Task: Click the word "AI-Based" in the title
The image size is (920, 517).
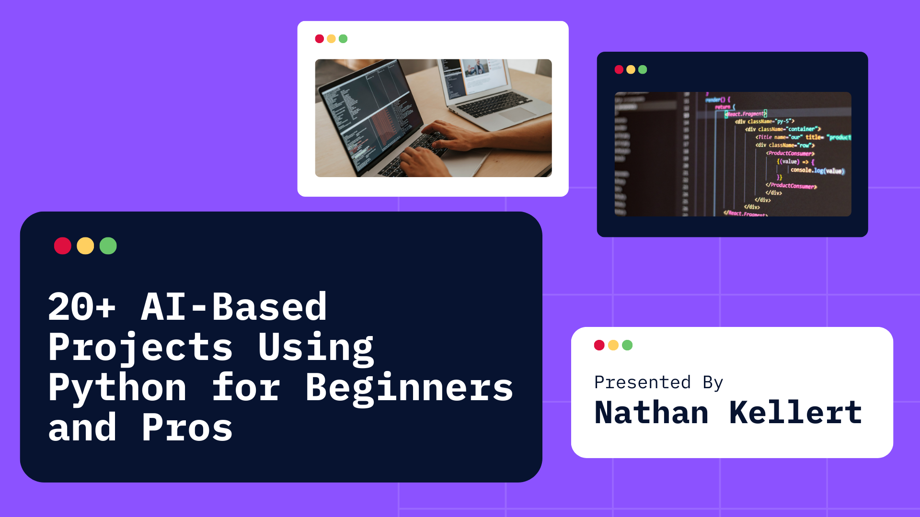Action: tap(234, 307)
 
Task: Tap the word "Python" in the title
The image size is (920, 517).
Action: tap(117, 387)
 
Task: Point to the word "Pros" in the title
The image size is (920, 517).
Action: tap(187, 427)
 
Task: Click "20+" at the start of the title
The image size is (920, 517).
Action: tap(82, 307)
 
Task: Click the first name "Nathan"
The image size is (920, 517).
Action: tap(651, 413)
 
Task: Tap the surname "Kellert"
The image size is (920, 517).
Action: tap(795, 413)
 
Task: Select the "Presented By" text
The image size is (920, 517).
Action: tap(658, 382)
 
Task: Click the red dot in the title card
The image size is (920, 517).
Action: tap(63, 246)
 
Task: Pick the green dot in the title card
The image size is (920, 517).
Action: tap(108, 246)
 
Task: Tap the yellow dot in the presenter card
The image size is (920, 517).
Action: tap(613, 345)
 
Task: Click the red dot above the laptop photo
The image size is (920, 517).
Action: tap(320, 39)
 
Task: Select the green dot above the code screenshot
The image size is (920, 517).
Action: tap(643, 70)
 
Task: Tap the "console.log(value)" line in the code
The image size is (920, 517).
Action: tap(817, 170)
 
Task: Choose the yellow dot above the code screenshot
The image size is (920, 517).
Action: tap(631, 70)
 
